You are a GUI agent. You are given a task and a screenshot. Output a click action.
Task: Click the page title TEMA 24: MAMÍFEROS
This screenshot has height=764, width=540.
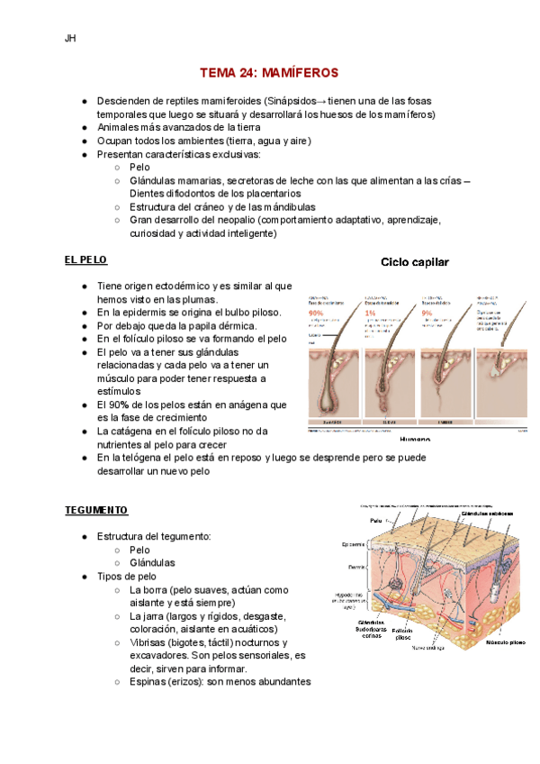coord(269,71)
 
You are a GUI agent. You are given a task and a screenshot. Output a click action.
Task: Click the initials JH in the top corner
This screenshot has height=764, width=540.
coord(70,39)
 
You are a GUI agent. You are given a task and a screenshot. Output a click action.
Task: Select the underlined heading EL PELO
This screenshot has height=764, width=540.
coord(85,259)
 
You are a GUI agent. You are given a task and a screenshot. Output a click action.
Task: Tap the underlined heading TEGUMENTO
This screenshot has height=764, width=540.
coord(95,510)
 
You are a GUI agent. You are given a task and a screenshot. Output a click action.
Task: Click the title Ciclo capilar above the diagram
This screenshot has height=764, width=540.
coord(416,262)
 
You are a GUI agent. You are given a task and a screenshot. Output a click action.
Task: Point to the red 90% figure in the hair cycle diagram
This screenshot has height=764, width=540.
coord(316,312)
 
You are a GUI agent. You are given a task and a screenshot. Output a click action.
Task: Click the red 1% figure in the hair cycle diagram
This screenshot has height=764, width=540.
coord(371,312)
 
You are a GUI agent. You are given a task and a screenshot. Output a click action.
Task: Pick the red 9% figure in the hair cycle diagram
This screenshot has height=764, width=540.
coord(427,312)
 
